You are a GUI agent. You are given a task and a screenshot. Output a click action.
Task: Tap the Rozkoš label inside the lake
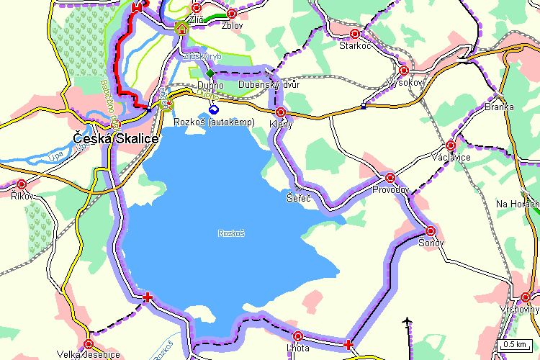tap(231, 233)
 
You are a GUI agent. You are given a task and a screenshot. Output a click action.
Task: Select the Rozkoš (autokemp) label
tap(215, 122)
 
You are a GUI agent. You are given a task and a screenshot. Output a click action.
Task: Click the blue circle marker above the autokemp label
tap(213, 109)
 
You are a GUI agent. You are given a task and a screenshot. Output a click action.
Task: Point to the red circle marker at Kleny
tap(281, 112)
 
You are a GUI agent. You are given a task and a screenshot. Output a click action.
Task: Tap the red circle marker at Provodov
tap(390, 177)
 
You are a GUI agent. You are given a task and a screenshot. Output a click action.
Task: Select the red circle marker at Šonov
tap(431, 231)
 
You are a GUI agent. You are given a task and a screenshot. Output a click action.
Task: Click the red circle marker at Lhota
tap(298, 336)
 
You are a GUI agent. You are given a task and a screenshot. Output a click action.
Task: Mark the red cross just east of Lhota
tap(349, 345)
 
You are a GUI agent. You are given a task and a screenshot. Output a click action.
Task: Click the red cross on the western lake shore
tap(148, 297)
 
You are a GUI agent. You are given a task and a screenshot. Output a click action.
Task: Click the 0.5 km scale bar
tap(518, 345)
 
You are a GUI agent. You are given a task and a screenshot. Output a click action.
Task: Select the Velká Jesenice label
tap(86, 354)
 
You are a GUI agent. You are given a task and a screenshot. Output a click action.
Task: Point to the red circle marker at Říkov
tap(22, 184)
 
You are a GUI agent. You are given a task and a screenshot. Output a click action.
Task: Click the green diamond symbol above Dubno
tap(210, 73)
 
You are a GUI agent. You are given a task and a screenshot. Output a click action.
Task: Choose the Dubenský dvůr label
tap(269, 85)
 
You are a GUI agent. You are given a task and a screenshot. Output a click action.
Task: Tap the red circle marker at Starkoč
tap(354, 34)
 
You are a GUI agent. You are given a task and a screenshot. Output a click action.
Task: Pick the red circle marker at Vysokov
tap(404, 71)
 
